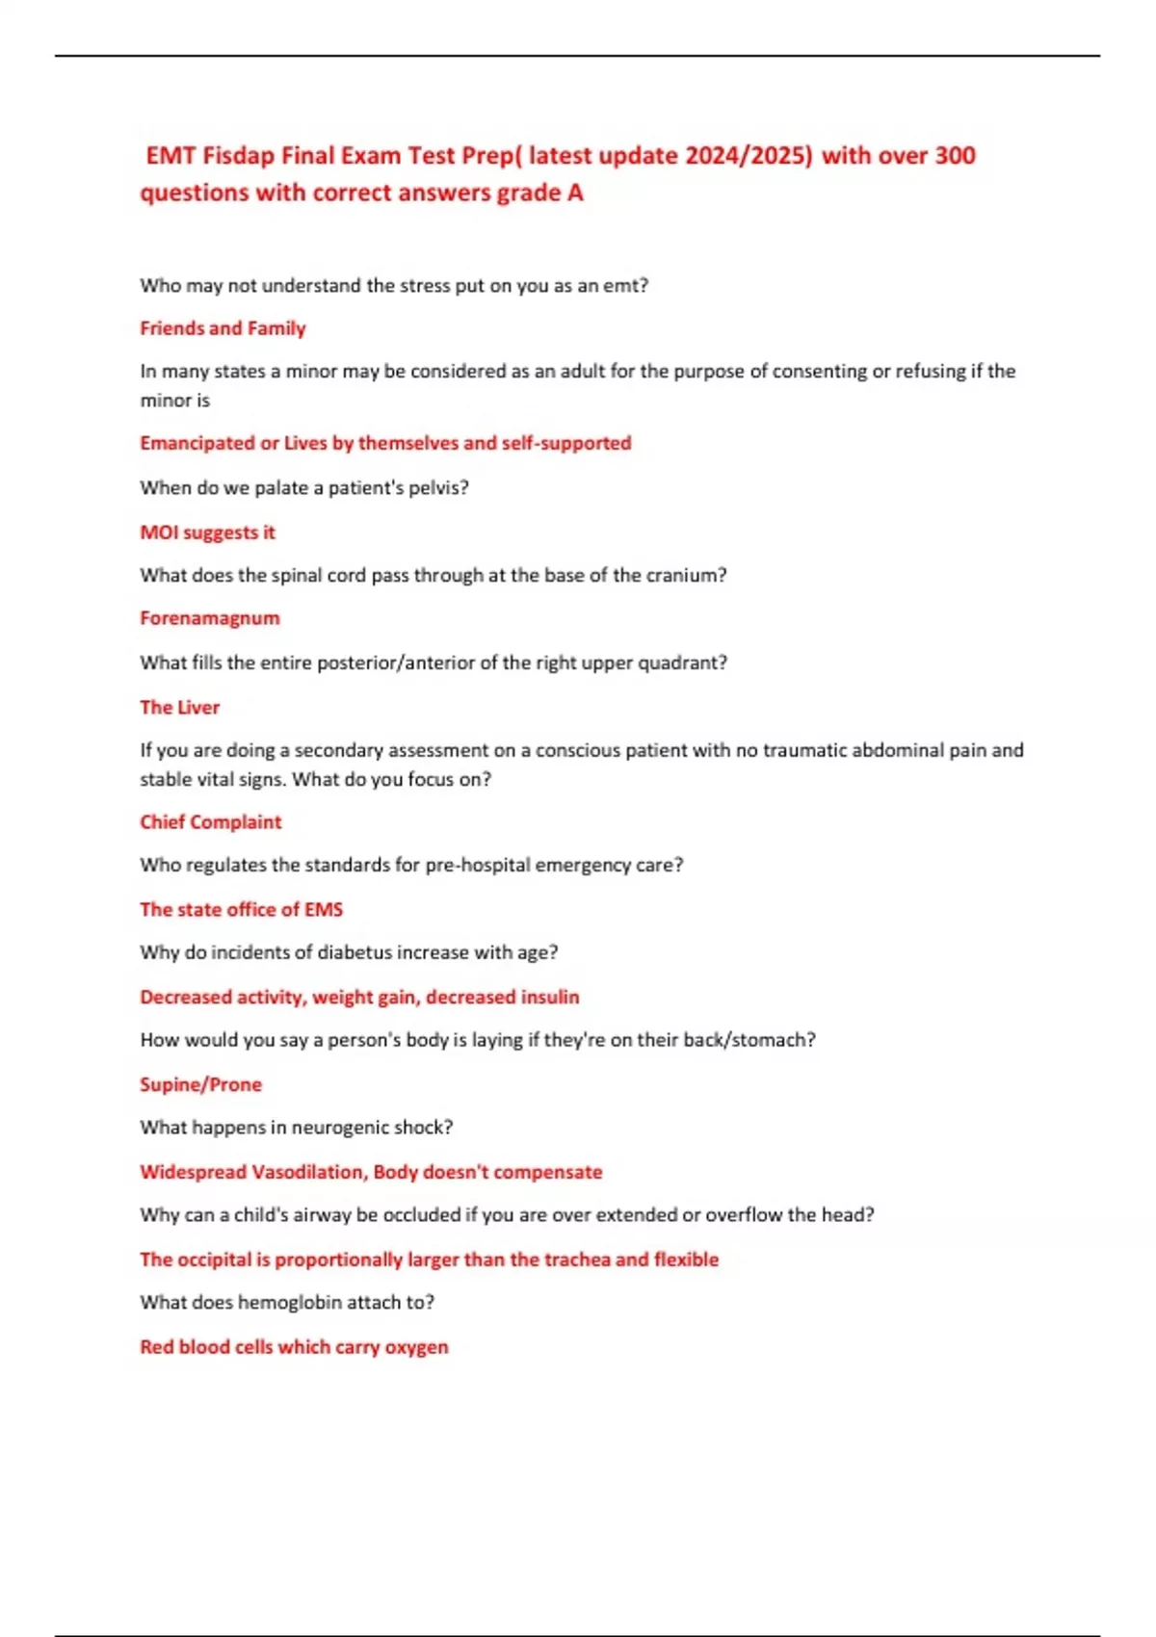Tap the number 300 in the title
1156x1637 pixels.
[x=955, y=156]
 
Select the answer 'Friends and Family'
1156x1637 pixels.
[x=223, y=328]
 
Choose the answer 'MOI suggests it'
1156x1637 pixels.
[x=207, y=533]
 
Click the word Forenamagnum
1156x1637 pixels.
[x=210, y=618]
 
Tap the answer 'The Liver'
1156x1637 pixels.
[x=179, y=708]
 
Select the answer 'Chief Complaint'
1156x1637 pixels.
[x=210, y=822]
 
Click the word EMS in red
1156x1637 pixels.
[x=324, y=910]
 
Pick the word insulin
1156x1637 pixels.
[x=550, y=998]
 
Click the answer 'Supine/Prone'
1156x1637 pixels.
[x=200, y=1085]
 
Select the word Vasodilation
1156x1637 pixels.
[x=307, y=1172]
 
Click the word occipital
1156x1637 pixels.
[x=214, y=1260]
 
